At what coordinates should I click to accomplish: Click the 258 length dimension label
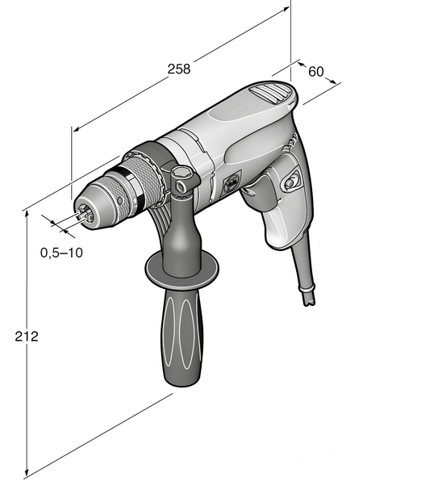(179, 69)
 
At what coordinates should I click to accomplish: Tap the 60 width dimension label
(316, 72)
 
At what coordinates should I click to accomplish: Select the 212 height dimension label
(27, 337)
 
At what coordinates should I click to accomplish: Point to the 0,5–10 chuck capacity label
(61, 253)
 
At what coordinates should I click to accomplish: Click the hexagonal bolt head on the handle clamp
(181, 172)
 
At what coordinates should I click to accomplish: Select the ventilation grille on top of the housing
(270, 92)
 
